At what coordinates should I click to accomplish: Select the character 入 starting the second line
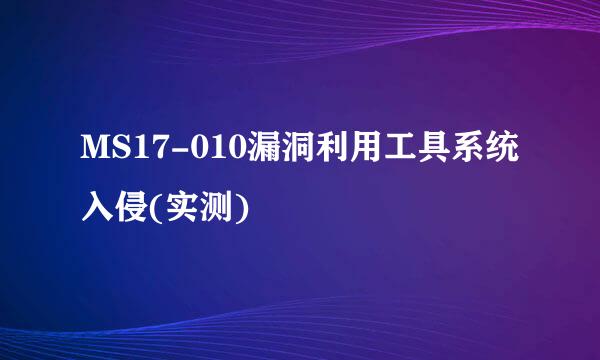pos(99,206)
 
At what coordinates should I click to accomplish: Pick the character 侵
pos(135,206)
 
